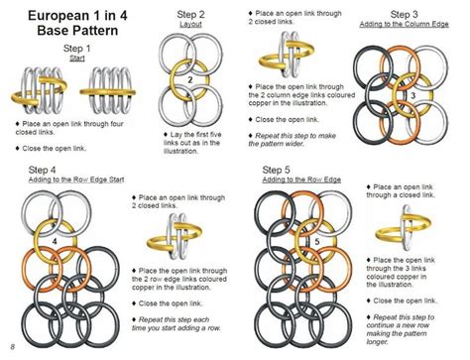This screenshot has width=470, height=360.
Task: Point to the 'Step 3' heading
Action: [x=405, y=15]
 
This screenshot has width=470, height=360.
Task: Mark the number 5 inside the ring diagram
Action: [x=316, y=240]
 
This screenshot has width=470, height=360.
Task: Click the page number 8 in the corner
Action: [x=11, y=346]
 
